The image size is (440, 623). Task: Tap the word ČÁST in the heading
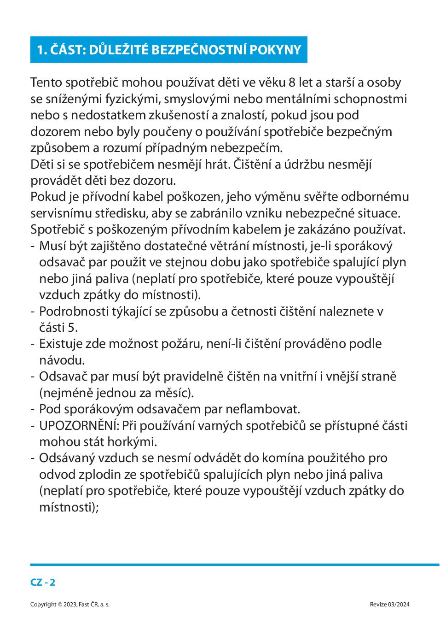click(62, 50)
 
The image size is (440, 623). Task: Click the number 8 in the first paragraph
click(292, 82)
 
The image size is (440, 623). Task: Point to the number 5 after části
click(73, 327)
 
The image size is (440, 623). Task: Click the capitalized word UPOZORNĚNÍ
click(79, 425)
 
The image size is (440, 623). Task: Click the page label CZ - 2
click(43, 582)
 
